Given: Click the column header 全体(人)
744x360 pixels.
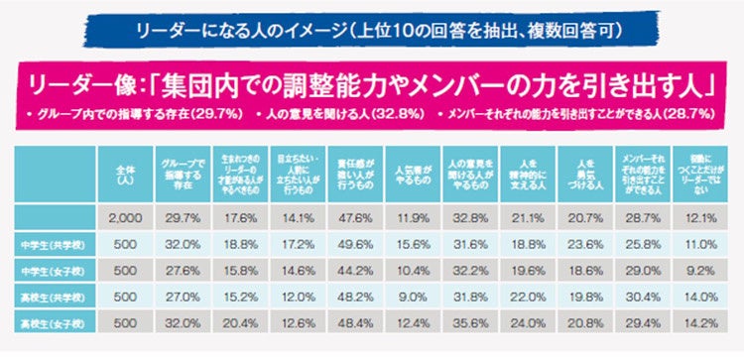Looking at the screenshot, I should (x=123, y=173).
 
